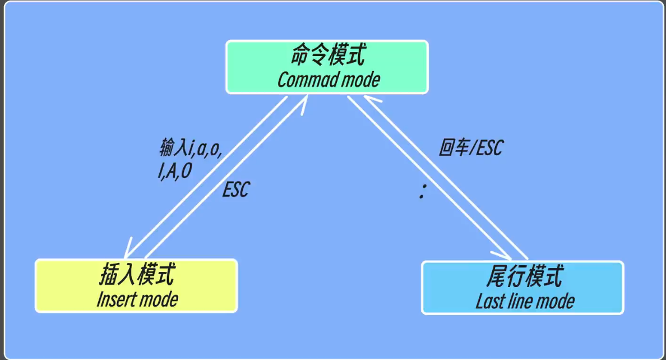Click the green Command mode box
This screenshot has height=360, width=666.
327,67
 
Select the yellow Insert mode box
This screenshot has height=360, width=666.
136,285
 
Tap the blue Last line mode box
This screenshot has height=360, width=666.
522,287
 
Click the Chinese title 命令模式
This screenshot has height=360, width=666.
328,56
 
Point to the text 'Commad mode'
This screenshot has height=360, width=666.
329,80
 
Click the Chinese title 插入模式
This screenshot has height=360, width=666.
137,275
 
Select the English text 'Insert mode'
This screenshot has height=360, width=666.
137,299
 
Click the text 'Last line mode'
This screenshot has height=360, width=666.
525,301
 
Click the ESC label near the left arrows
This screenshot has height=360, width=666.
235,190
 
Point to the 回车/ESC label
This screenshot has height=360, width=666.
471,148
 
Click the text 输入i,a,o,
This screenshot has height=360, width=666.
191,149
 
